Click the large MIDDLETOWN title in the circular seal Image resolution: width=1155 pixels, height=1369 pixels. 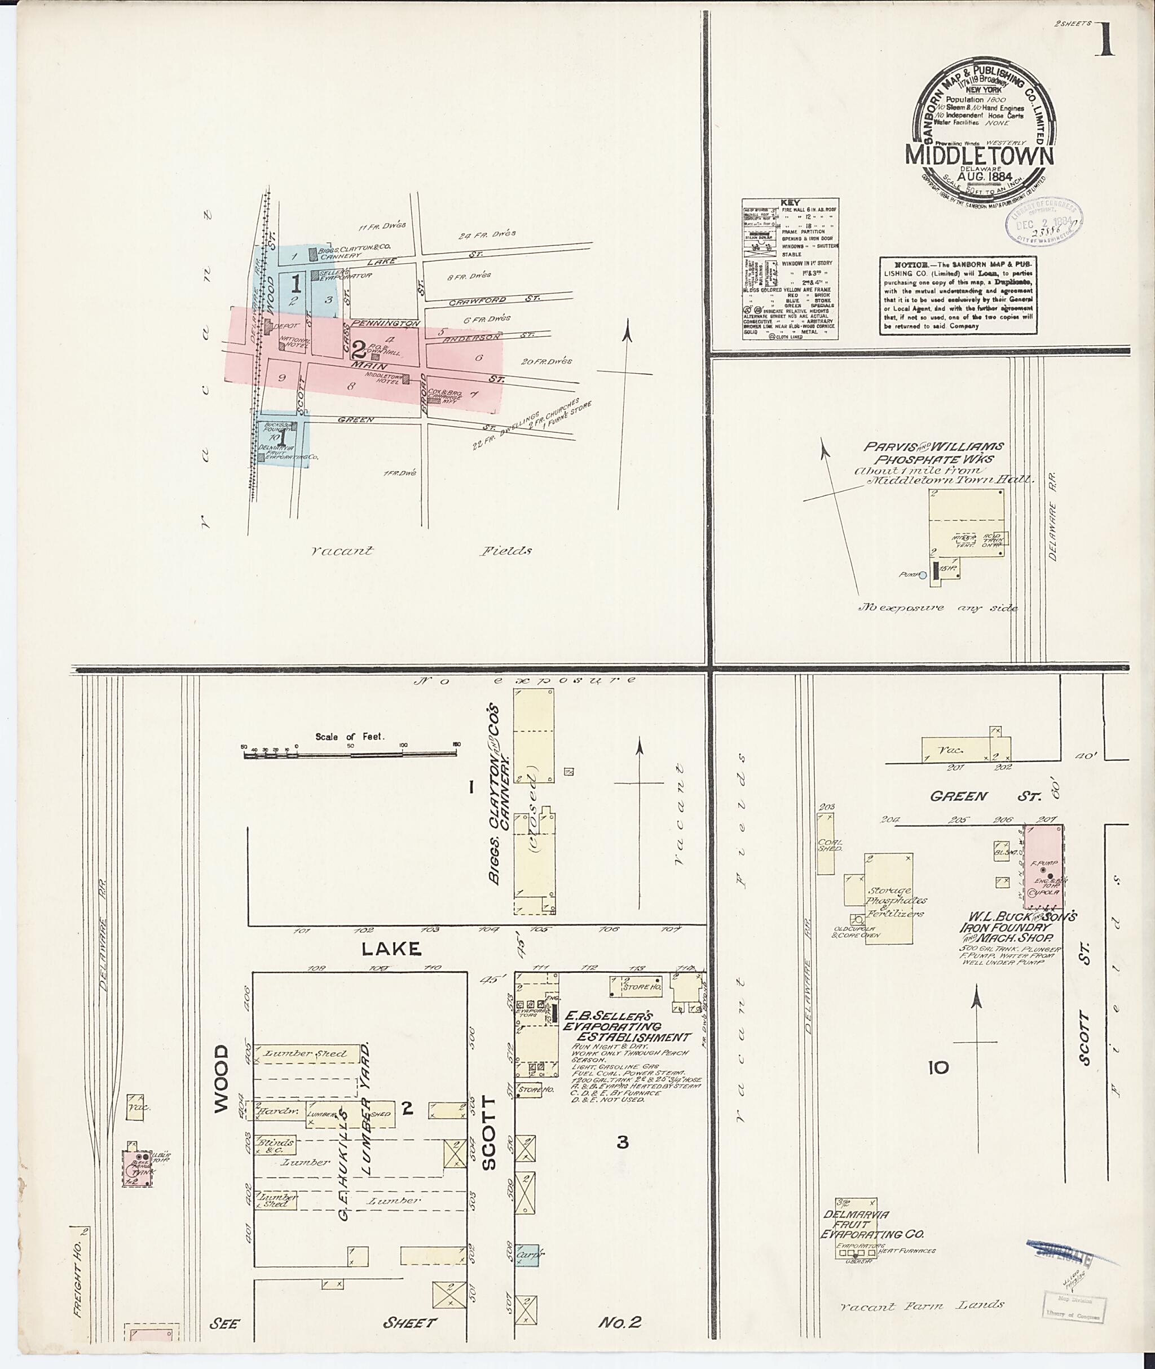(980, 156)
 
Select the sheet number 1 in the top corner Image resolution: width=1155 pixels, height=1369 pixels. (1105, 41)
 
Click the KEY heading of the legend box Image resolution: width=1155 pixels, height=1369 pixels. (790, 203)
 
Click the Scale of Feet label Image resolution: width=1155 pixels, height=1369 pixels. (350, 736)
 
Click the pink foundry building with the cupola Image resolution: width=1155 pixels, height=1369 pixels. (1044, 866)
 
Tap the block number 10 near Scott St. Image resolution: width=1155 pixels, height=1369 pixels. (938, 1068)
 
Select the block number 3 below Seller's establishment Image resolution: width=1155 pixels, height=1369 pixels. (622, 1142)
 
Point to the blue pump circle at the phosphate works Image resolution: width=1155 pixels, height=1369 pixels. (923, 576)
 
